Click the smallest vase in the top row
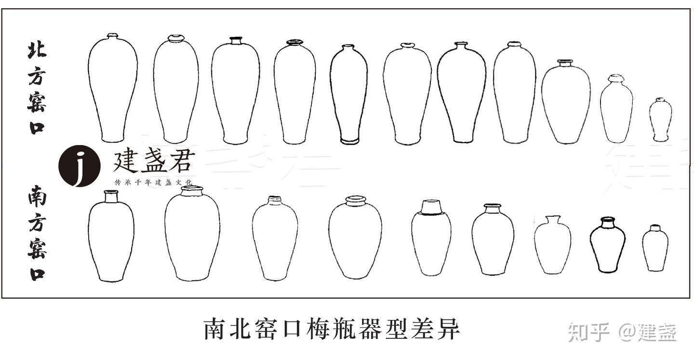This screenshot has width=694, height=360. (660, 120)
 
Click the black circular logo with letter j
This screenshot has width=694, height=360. (80, 166)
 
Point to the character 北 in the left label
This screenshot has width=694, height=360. (37, 50)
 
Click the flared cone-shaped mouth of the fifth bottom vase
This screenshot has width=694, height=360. (431, 207)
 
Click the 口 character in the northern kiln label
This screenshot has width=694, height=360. (37, 128)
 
